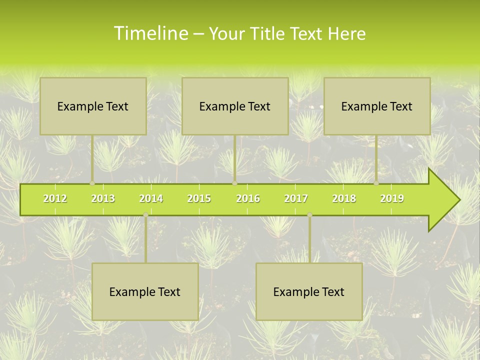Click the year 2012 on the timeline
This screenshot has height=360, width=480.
55,198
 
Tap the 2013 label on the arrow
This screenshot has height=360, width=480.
103,198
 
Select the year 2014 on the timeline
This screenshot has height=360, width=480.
151,198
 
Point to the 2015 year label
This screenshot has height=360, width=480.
199,198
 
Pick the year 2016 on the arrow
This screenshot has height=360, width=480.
248,198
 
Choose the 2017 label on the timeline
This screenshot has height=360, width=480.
296,198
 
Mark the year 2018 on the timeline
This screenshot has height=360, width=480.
344,198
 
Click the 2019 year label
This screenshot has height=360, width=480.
392,198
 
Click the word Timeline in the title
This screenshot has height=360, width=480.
150,33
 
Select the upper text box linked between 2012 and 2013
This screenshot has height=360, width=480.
93,106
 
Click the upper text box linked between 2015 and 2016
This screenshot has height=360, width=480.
235,106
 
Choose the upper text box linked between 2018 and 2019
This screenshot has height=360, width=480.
377,106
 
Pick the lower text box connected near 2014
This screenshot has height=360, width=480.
145,291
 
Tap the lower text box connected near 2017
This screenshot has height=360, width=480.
309,291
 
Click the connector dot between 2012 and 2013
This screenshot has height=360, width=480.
92,183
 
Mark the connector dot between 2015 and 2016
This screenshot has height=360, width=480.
235,183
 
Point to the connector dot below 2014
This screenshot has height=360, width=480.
145,215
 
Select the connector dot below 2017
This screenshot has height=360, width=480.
309,215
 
